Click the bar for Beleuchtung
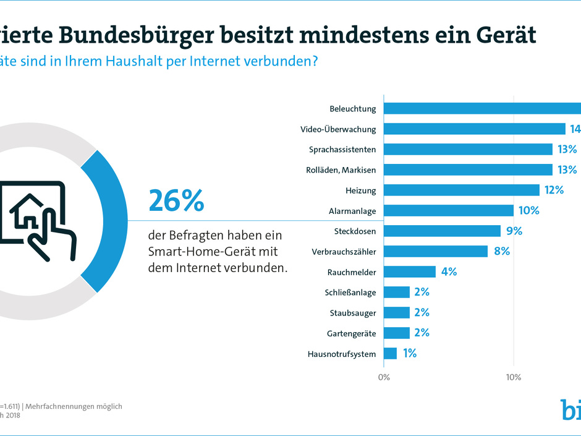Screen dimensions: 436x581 (482, 109)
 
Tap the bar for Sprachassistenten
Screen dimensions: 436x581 (468, 150)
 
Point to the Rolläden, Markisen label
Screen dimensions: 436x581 (341, 170)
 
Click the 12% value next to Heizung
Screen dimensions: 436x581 (554, 190)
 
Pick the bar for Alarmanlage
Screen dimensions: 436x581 (449, 210)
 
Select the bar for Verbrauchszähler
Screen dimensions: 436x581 (436, 251)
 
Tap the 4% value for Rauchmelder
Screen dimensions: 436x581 (447, 271)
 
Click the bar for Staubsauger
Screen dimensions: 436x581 (397, 312)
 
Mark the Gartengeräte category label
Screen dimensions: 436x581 (351, 333)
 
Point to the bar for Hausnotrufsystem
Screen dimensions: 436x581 (391, 354)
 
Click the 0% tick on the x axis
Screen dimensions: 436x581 (384, 377)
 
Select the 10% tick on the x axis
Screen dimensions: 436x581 (512, 377)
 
